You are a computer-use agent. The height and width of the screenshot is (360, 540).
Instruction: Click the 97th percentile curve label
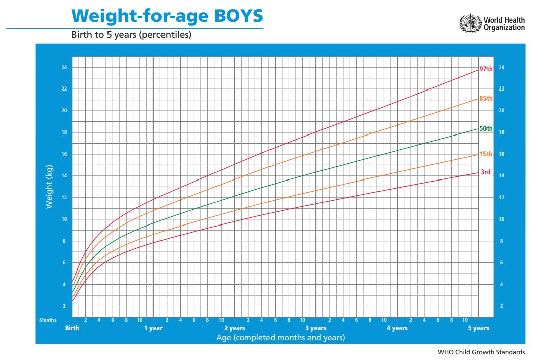[x=486, y=69]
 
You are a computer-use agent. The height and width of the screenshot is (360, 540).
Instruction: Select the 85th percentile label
[x=486, y=98]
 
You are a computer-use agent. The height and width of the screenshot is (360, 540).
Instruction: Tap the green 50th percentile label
[x=486, y=129]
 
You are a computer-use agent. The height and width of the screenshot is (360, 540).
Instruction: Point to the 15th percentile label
[x=486, y=154]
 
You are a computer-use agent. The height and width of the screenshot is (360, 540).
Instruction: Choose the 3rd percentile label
[x=485, y=172]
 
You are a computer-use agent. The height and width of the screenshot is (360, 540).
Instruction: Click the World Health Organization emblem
[x=470, y=24]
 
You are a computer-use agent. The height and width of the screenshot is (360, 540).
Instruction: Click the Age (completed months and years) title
[x=281, y=337]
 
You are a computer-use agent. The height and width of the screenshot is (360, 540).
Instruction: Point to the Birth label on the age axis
[x=72, y=328]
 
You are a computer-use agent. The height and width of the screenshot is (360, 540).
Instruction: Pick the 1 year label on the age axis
[x=153, y=328]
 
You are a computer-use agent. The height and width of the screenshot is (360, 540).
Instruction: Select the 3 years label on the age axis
[x=316, y=328]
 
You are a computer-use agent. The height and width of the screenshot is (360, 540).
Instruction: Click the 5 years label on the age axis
[x=478, y=328]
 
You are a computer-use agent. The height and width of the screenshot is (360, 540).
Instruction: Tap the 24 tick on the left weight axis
[x=64, y=67]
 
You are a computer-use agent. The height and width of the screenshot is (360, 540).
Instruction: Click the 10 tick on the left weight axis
[x=64, y=219]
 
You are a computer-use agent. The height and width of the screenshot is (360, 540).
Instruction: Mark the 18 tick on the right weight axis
[x=501, y=132]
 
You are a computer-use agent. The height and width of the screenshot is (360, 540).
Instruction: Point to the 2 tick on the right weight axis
[x=501, y=306]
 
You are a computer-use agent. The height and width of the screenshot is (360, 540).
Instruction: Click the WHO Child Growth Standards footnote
[x=481, y=352]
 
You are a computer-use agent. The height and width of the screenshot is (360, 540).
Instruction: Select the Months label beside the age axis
[x=48, y=320]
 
